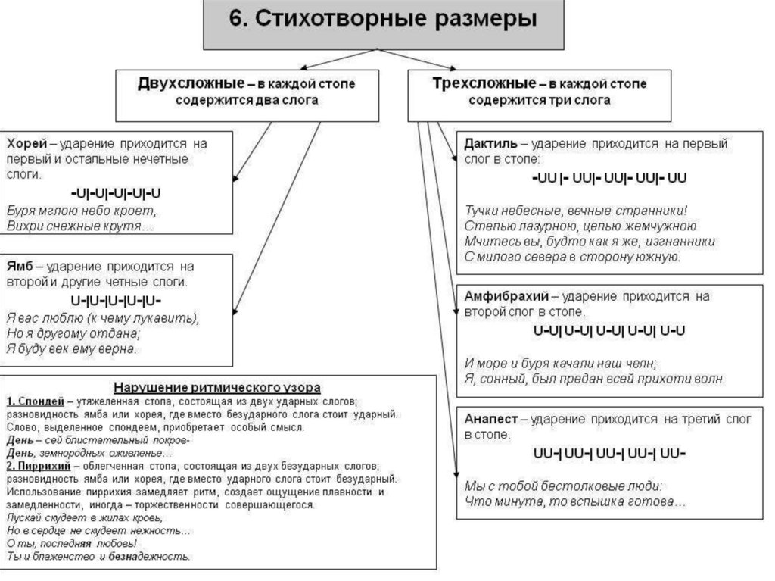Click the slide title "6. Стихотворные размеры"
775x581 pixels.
coord(383,20)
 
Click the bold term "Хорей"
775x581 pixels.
coord(27,142)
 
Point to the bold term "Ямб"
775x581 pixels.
coord(21,267)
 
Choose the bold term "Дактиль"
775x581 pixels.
coord(491,142)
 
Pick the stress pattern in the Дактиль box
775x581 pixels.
coord(609,179)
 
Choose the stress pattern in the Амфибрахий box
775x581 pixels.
coord(609,330)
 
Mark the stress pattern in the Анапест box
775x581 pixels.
coord(609,454)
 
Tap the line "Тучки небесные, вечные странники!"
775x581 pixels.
coord(576,210)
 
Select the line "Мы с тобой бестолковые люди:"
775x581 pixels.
coord(564,486)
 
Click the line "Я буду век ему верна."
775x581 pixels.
coord(73,349)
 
